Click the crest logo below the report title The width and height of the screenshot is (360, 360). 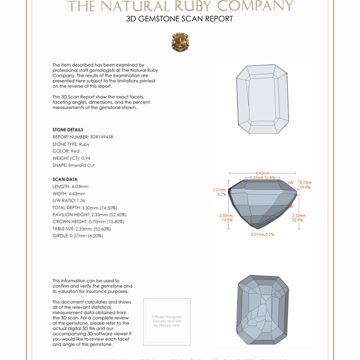point(180,42)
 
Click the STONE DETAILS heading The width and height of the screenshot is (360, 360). point(68,130)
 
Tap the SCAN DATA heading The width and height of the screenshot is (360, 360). point(65,179)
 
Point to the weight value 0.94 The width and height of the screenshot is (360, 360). point(85,158)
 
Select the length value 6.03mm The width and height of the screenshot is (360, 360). point(80,186)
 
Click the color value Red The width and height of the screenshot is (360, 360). point(75,151)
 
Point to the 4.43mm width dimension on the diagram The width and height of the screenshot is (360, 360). point(262,173)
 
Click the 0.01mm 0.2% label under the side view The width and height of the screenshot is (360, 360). point(262,235)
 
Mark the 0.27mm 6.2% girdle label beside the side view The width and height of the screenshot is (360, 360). point(219,192)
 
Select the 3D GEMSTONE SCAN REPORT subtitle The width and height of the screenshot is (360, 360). point(180,19)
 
